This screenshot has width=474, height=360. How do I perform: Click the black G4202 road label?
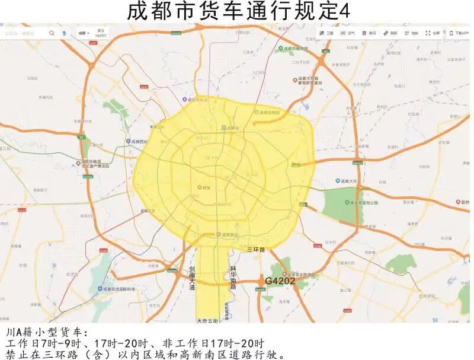click(x=280, y=281)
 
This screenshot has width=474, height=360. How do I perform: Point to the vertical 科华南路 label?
click(x=233, y=278)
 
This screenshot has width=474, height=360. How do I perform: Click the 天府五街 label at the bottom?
click(x=207, y=321)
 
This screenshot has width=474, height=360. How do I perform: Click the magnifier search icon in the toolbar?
click(x=52, y=33)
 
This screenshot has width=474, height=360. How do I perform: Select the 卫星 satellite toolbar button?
click(x=327, y=33)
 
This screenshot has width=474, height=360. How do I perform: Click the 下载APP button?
click(x=459, y=33)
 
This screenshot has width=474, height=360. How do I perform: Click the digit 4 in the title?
click(x=345, y=11)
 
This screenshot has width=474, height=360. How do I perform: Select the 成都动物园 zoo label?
click(x=267, y=111)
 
